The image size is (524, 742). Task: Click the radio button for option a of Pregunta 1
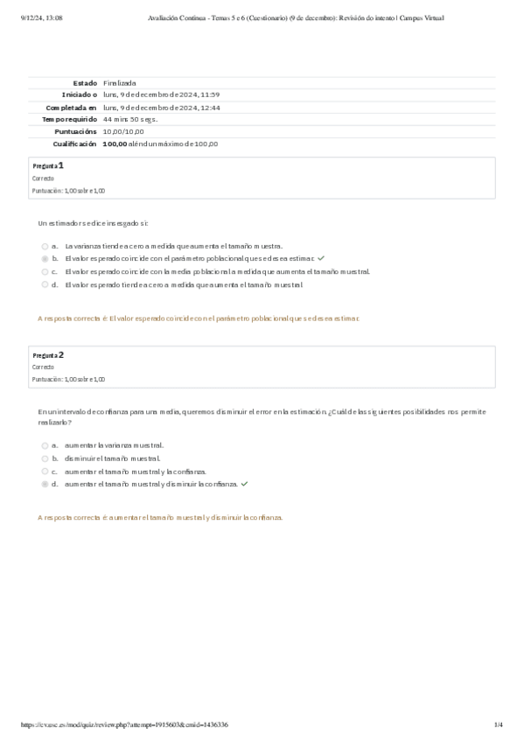45,246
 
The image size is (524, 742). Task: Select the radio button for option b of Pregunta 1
45,259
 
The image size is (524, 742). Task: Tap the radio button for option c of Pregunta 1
45,271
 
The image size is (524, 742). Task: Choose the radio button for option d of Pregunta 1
45,284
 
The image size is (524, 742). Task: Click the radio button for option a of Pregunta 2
45,444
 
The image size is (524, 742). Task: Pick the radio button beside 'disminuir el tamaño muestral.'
45,458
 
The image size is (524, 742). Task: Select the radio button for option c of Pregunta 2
45,471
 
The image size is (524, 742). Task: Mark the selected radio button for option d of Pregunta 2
45,483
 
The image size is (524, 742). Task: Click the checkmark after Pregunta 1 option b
321,259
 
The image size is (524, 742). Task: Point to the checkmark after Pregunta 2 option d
244,483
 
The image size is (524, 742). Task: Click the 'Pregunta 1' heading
48,165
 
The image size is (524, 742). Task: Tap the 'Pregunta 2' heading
48,355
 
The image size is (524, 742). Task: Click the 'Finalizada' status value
119,82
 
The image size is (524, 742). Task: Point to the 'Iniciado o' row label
79,94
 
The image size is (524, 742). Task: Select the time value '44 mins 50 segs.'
129,119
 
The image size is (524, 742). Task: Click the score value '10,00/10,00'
122,131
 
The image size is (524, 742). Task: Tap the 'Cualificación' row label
74,143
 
